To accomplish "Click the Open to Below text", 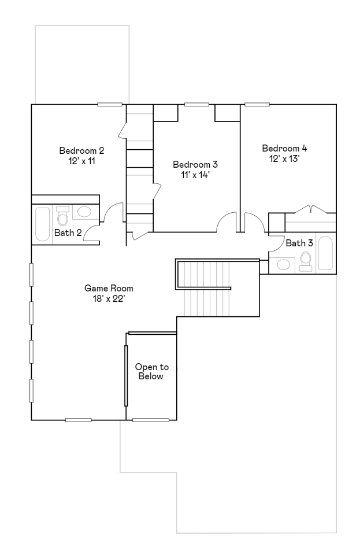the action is (151, 372).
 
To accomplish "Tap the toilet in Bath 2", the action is (63, 216).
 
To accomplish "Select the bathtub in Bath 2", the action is (42, 224).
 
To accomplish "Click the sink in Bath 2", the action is (85, 212).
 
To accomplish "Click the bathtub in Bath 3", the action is (325, 253).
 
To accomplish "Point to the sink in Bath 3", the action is (284, 265).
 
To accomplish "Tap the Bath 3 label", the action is (299, 243).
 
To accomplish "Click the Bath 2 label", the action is (68, 232).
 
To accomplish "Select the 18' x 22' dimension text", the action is (109, 298).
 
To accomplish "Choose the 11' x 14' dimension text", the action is (195, 175).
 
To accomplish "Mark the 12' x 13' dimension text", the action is (284, 158).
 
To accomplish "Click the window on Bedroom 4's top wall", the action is (257, 104).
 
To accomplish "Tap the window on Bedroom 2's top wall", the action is (110, 104).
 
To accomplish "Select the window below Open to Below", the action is (151, 420).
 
